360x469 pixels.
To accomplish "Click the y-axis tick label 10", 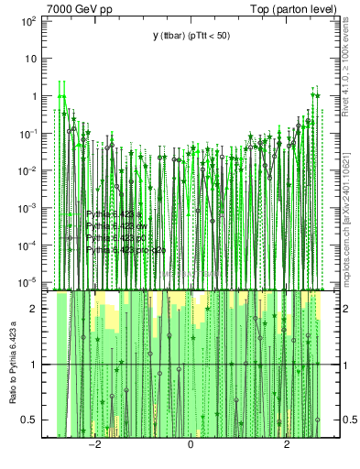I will [29, 57].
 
